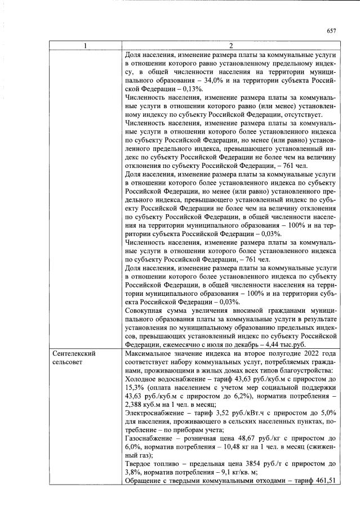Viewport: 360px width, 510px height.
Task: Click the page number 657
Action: click(x=331, y=31)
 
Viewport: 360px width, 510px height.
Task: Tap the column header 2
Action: click(x=230, y=46)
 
